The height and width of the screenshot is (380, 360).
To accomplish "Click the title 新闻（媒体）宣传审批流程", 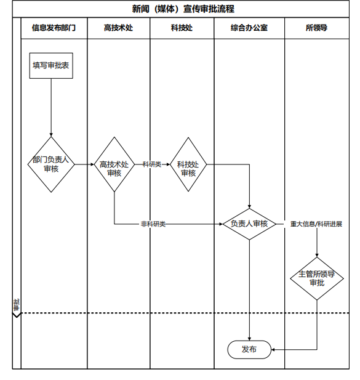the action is pos(183,9).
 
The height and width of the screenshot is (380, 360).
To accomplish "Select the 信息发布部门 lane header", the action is pos(54,28).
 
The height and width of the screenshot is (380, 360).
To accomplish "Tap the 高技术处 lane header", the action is pos(118,28).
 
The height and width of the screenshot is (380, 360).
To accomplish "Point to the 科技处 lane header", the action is pos(182,28).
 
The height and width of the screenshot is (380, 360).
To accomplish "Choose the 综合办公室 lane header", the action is pos(249,28).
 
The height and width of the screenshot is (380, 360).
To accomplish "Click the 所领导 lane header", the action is pos(317,28).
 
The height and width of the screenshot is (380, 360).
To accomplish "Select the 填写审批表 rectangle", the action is pos(51,66).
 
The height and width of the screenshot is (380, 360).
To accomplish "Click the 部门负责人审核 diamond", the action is pos(51,164).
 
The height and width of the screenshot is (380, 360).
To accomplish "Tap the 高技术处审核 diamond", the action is pos(114,164).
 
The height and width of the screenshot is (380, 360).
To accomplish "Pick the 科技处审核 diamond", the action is pos(188,164).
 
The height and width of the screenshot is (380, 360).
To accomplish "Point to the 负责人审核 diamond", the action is pos(249,224).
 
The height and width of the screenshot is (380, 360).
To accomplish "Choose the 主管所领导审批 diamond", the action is pos(317,279).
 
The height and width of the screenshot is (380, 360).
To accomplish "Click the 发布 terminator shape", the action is pos(249,349).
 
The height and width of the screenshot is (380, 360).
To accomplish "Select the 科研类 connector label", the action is pos(152,164).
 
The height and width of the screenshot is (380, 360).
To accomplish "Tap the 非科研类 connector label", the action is pos(153,224).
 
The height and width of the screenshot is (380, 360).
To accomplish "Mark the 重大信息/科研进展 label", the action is pos(316,224).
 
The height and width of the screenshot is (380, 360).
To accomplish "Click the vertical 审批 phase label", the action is pos(17,305).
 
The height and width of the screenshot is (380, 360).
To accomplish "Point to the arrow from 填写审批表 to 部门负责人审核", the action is pos(51,108).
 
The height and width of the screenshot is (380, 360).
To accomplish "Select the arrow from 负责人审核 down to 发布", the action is pos(249,290).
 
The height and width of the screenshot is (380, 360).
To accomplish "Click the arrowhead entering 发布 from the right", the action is pos(273,349).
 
